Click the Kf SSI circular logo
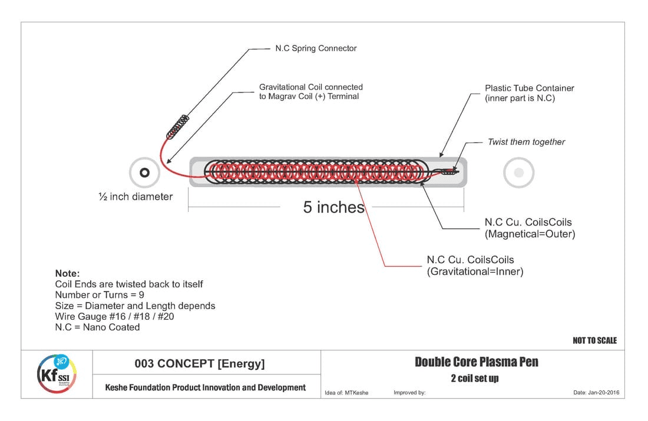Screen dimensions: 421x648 click(x=57, y=374)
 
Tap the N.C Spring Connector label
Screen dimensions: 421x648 click(x=316, y=48)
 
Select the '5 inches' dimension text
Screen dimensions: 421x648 click(x=334, y=207)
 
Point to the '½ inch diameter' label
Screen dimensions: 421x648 click(x=135, y=197)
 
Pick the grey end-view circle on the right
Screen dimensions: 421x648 click(x=518, y=173)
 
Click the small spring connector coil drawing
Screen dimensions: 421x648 click(x=178, y=126)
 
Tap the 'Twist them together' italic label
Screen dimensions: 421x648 click(x=526, y=142)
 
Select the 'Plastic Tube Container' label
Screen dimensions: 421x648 click(x=529, y=88)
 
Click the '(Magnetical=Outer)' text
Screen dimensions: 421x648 click(x=530, y=234)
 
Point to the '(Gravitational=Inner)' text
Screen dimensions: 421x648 click(x=475, y=271)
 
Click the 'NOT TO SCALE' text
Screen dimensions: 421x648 click(x=594, y=340)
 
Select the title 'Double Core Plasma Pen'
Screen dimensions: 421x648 click(x=476, y=362)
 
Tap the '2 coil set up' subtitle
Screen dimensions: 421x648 click(x=474, y=379)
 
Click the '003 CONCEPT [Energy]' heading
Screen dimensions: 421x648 click(x=200, y=364)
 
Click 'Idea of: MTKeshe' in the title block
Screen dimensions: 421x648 click(x=346, y=392)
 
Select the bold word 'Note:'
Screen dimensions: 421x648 click(x=67, y=273)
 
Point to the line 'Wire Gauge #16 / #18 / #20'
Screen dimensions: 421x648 click(x=114, y=316)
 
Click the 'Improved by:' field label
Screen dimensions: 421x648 click(x=409, y=392)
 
